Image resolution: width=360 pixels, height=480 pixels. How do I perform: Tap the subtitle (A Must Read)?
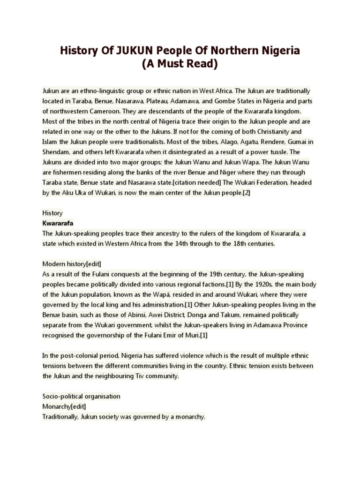click(x=180, y=65)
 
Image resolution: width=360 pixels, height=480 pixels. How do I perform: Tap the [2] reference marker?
click(x=246, y=192)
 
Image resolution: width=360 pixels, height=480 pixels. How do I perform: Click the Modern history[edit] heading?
click(x=71, y=263)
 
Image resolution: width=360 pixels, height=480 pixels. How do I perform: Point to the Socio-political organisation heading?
click(x=81, y=396)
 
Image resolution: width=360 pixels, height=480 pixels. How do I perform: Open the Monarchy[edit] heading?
click(x=64, y=406)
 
